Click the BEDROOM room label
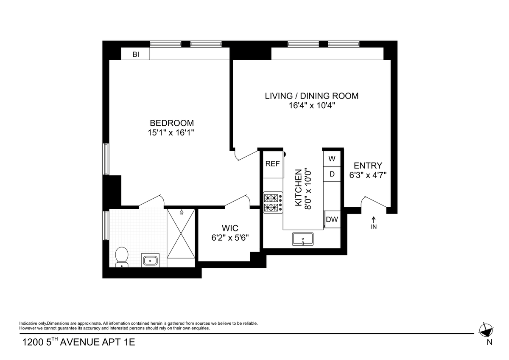172,123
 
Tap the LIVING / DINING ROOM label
311,96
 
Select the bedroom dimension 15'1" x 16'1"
171,132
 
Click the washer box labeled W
332,158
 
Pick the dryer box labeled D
332,174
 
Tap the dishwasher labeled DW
332,219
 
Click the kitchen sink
303,239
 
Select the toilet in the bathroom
122,257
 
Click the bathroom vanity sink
150,260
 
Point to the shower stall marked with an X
181,233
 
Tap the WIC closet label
230,228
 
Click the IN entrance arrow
374,223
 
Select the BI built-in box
135,53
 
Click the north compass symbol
486,330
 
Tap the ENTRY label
368,165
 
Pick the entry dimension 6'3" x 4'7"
368,175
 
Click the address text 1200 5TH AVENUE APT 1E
78,342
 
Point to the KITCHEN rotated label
298,188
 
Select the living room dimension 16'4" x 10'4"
312,106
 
